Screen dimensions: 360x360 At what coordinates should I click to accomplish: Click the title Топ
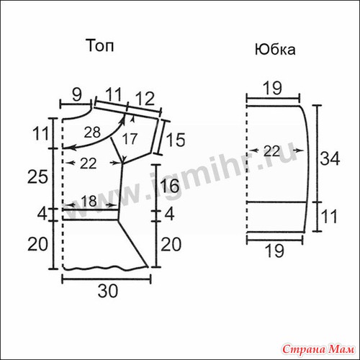click(100, 45)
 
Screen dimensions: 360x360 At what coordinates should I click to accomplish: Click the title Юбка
click(275, 50)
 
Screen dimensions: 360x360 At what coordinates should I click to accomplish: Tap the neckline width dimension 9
click(76, 95)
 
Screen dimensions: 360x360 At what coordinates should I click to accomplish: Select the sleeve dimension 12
click(144, 99)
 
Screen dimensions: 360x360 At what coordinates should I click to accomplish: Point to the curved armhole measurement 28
click(92, 132)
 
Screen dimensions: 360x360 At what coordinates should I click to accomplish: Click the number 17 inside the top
click(130, 139)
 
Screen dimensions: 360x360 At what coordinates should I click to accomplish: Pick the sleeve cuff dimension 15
click(176, 140)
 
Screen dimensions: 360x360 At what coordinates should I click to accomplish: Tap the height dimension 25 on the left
click(37, 177)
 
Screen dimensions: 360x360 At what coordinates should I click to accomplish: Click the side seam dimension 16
click(169, 185)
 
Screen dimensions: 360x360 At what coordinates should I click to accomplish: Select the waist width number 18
click(89, 201)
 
